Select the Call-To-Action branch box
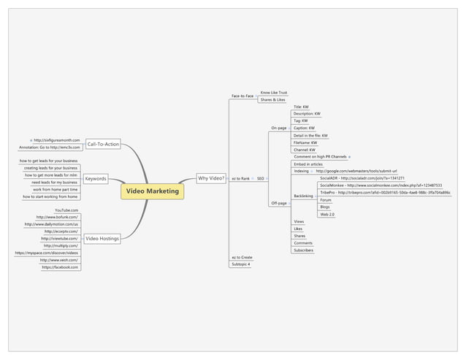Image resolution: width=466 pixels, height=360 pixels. (103, 144)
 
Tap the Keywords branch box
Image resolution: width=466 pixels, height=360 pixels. (96, 178)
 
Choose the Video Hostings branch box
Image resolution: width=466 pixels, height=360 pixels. (102, 238)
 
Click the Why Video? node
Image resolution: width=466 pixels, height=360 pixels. (211, 177)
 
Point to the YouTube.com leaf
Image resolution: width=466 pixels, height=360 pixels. (67, 210)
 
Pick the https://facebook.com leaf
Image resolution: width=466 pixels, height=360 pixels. (61, 267)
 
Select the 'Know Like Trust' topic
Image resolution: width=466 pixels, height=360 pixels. (274, 93)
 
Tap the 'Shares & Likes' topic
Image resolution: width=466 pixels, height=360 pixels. (272, 100)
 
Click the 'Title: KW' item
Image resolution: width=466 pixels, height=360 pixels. (301, 107)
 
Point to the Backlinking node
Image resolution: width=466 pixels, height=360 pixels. (303, 196)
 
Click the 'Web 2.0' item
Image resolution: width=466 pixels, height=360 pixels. (327, 214)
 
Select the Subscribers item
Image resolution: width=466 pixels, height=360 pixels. (303, 250)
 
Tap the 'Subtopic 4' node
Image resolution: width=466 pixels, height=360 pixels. (241, 264)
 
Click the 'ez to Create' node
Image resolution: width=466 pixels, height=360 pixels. (242, 257)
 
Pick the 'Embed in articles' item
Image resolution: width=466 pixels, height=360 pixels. (308, 164)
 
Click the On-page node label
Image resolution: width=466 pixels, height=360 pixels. (279, 128)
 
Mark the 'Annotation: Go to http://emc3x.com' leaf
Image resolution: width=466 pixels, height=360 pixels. (50, 147)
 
